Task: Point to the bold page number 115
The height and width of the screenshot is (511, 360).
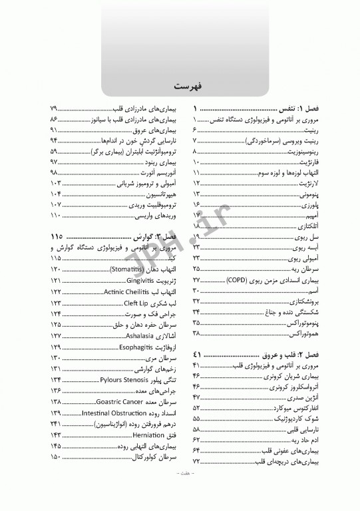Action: [x=55, y=237]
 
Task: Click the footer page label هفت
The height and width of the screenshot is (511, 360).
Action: [x=180, y=493]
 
